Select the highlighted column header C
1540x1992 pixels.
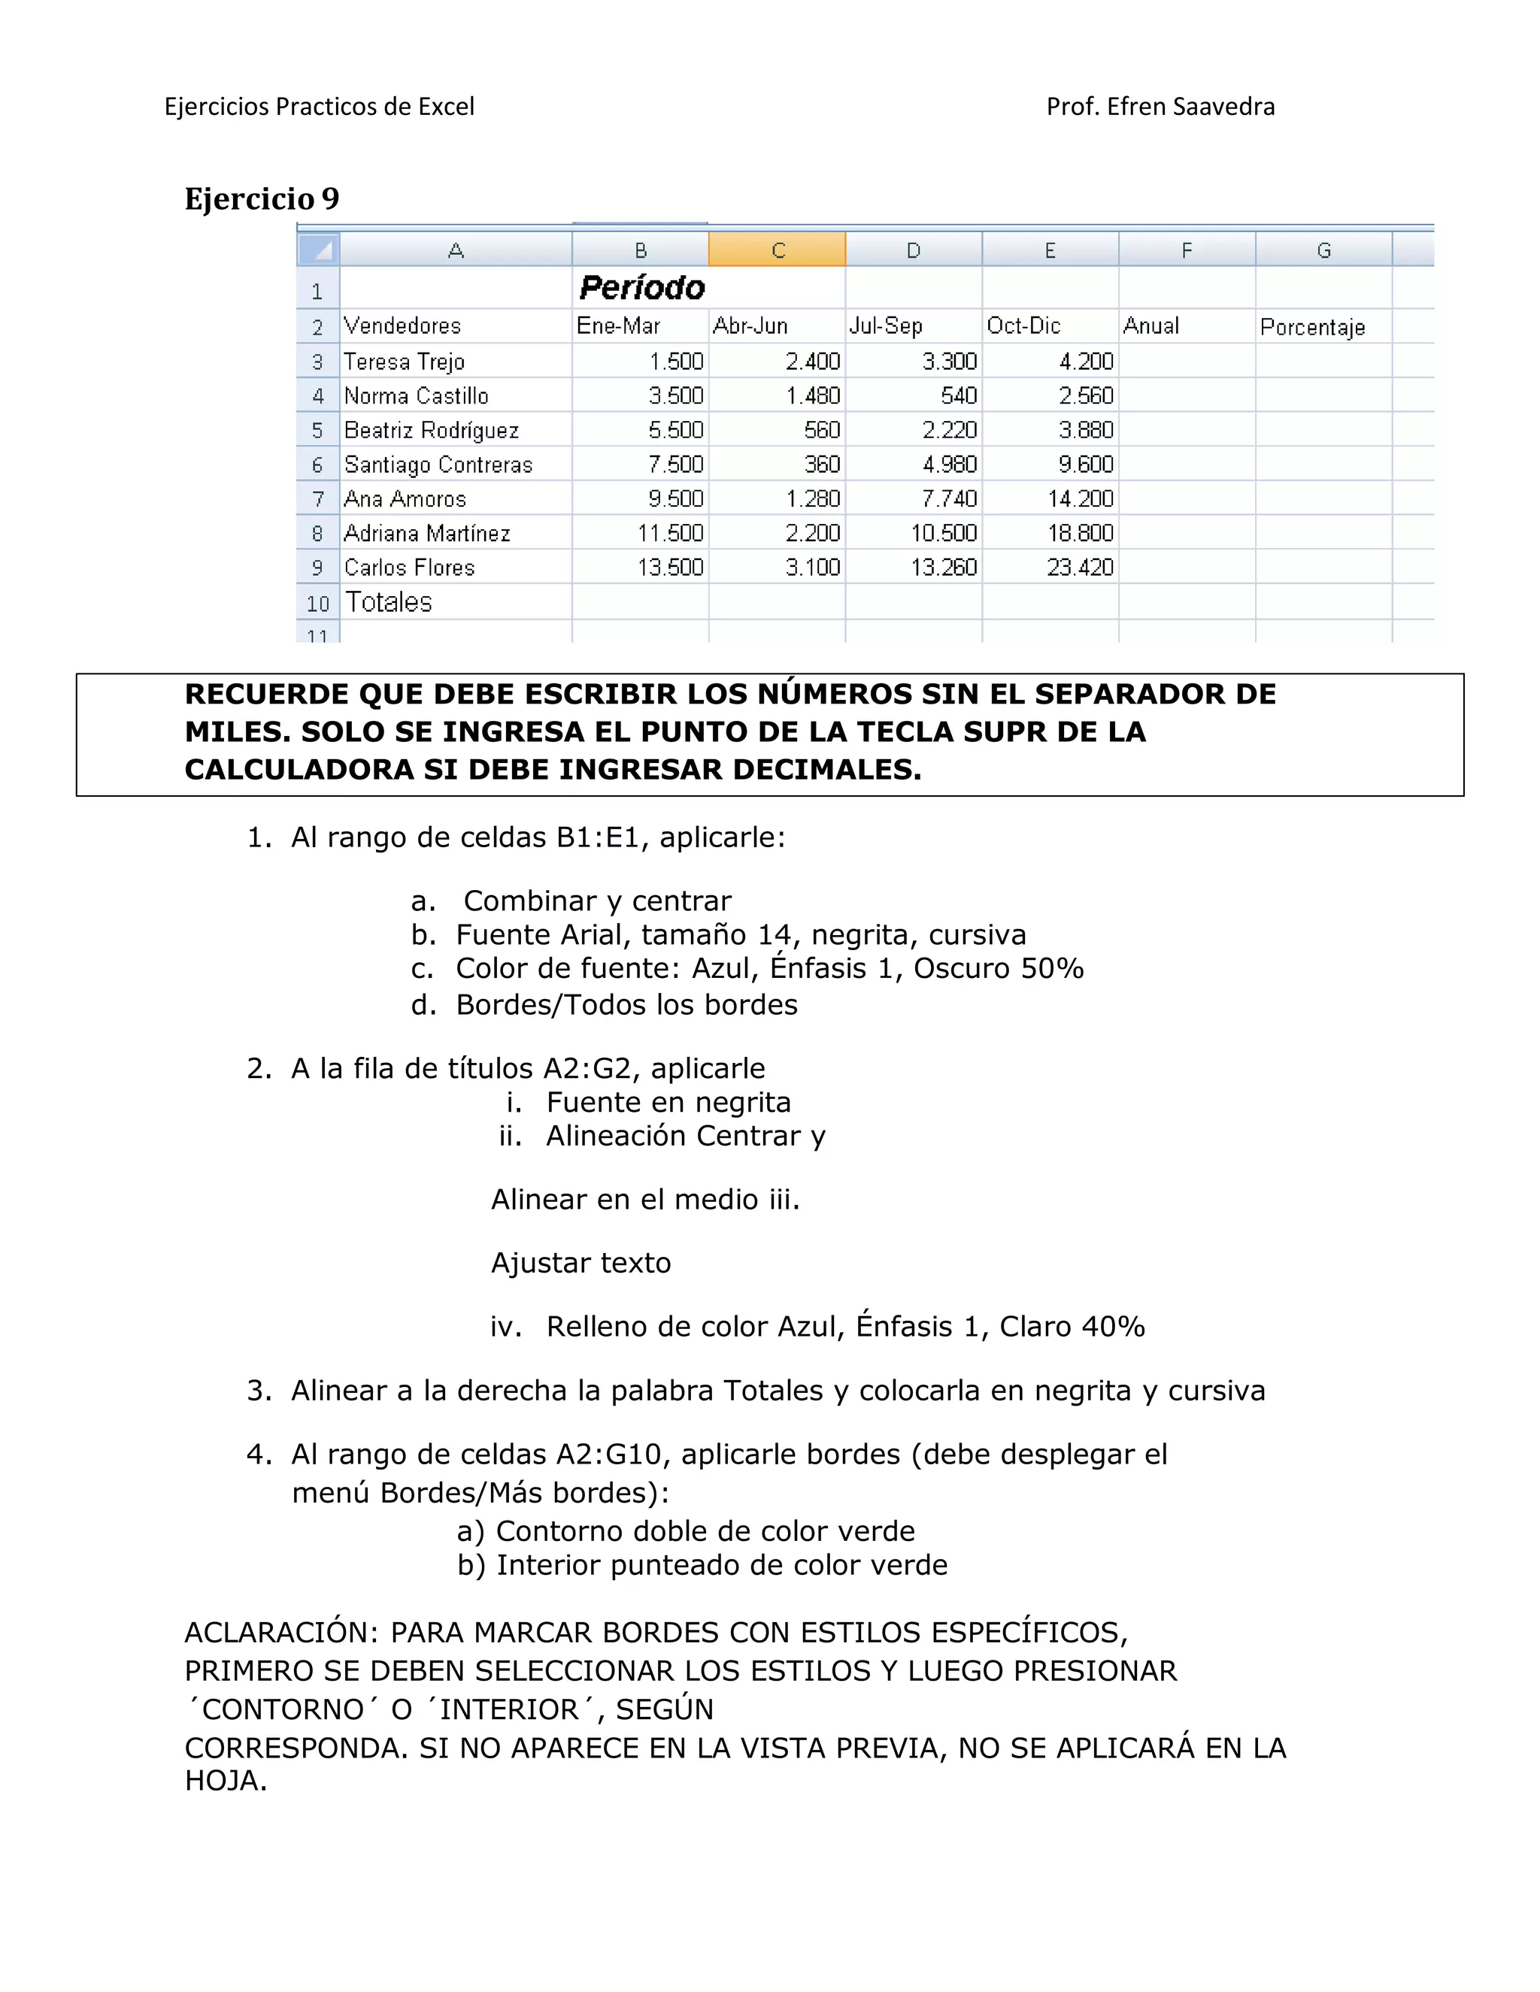[778, 250]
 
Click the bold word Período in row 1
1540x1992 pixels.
[642, 288]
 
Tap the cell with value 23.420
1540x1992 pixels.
[1081, 568]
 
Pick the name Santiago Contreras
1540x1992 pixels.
[438, 465]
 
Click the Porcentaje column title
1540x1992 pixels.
[1312, 326]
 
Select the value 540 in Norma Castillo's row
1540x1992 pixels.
[959, 396]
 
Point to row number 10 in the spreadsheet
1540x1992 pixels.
[317, 604]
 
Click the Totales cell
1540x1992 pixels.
[389, 602]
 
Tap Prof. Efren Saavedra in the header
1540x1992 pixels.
[1160, 107]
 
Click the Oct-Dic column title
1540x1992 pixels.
[1023, 325]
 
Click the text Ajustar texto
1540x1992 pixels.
[581, 1264]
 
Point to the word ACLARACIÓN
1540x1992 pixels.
[282, 1633]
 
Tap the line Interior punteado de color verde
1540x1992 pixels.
[720, 1565]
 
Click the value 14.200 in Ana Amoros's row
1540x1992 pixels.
[1081, 499]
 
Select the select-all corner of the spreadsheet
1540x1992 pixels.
[318, 249]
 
